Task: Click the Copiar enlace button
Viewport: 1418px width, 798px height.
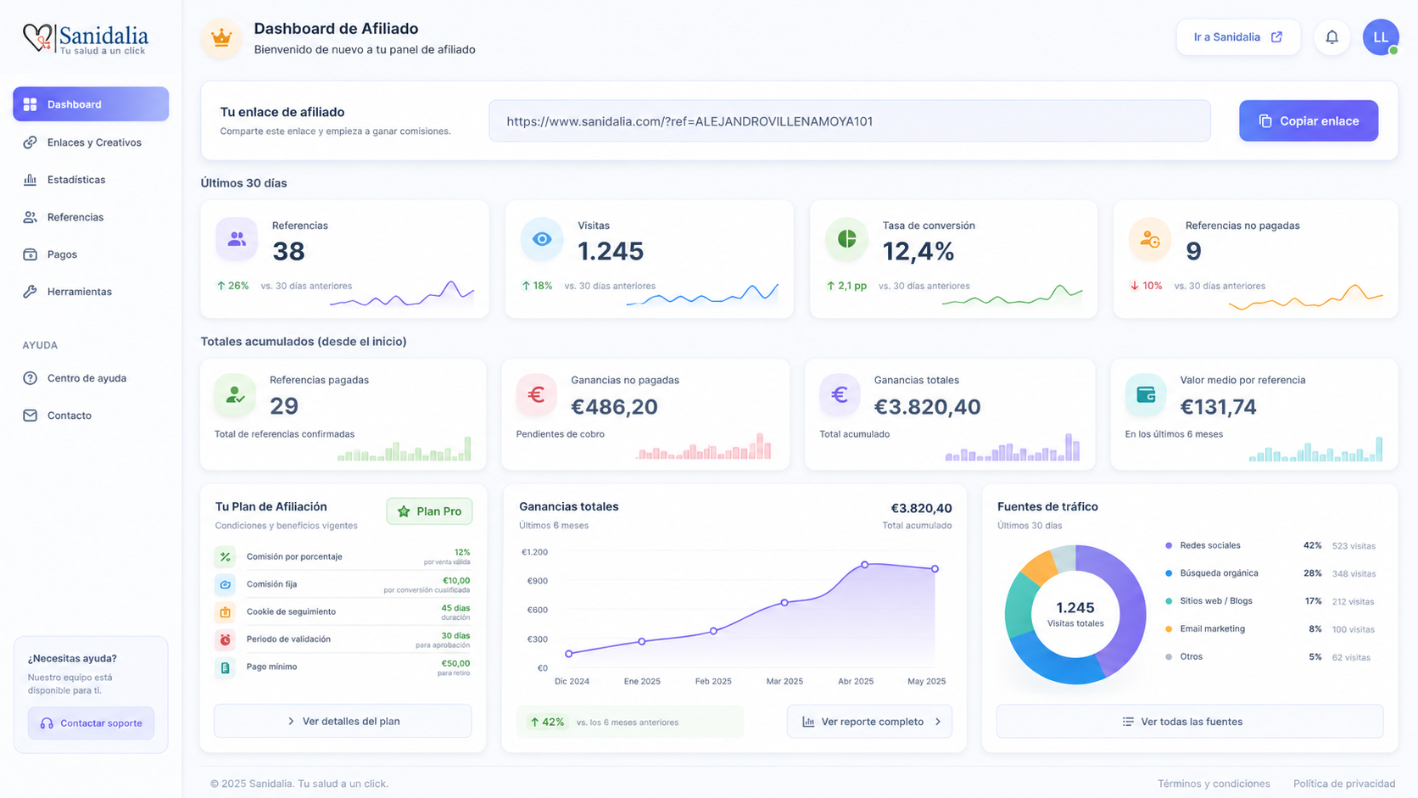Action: point(1309,121)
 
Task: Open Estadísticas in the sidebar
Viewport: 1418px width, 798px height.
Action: point(76,180)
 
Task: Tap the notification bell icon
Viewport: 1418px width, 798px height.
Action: point(1331,37)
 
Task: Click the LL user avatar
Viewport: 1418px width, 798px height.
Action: point(1381,37)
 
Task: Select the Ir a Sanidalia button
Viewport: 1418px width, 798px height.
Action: point(1238,37)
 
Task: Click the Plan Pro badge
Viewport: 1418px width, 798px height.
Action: point(429,511)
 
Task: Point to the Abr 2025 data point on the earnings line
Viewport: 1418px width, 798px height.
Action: point(865,565)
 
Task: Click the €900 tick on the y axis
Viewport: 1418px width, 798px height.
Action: point(538,581)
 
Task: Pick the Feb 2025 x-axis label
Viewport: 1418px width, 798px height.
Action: point(713,682)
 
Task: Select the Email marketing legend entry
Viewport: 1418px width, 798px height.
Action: point(1212,629)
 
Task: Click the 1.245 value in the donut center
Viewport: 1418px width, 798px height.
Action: point(1075,607)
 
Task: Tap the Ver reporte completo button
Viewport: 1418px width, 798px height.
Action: point(869,722)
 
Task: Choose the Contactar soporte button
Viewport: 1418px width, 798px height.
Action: point(91,723)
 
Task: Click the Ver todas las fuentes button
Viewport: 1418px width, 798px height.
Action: point(1190,722)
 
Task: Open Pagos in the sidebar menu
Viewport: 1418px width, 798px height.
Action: point(62,254)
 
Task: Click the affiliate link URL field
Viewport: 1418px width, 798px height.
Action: point(850,121)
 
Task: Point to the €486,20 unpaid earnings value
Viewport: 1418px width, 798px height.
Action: point(614,406)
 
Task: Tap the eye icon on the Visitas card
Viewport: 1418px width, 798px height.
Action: point(542,239)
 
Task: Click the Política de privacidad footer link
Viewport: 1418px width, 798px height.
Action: point(1344,784)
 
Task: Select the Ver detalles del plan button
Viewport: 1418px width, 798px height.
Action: point(343,722)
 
